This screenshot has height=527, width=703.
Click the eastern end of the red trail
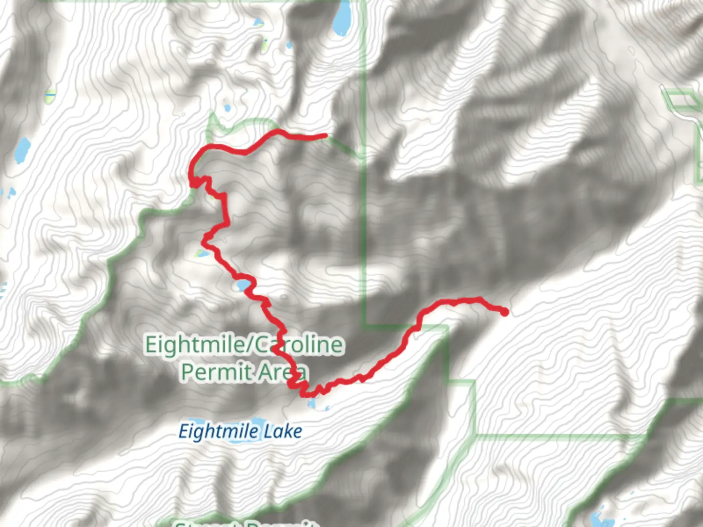tap(504, 311)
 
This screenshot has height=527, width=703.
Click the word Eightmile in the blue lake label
tap(218, 431)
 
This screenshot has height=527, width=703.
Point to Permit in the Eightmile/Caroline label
tap(217, 372)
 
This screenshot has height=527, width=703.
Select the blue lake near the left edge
tap(22, 150)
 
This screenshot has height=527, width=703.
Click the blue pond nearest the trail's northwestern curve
tap(226, 108)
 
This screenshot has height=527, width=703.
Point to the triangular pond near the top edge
tap(257, 22)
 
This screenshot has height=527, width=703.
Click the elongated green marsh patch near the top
tap(265, 44)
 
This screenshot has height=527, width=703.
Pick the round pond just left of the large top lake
tap(289, 45)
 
